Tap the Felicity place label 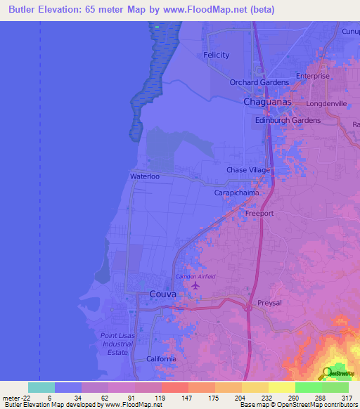tap(217, 55)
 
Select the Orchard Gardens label tap(259, 82)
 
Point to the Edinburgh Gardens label tap(287, 120)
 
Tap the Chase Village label tap(248, 170)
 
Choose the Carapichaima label tap(236, 192)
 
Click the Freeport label tap(259, 213)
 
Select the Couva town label tap(162, 294)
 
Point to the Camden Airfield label tap(195, 276)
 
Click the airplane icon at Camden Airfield tap(195, 285)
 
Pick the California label tap(161, 359)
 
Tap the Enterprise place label tap(313, 76)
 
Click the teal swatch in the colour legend tap(41, 387)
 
